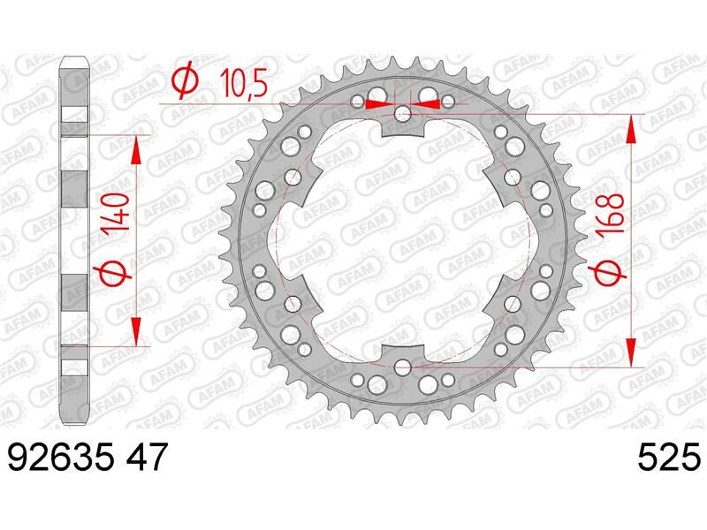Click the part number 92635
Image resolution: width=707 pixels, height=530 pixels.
pyautogui.click(x=61, y=457)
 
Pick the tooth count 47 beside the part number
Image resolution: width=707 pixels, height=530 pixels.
pyautogui.click(x=148, y=457)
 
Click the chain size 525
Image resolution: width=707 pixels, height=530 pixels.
pyautogui.click(x=669, y=457)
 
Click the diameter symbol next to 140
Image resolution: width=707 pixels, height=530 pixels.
pyautogui.click(x=112, y=272)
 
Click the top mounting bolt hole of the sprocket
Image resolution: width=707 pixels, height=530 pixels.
pyautogui.click(x=403, y=115)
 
